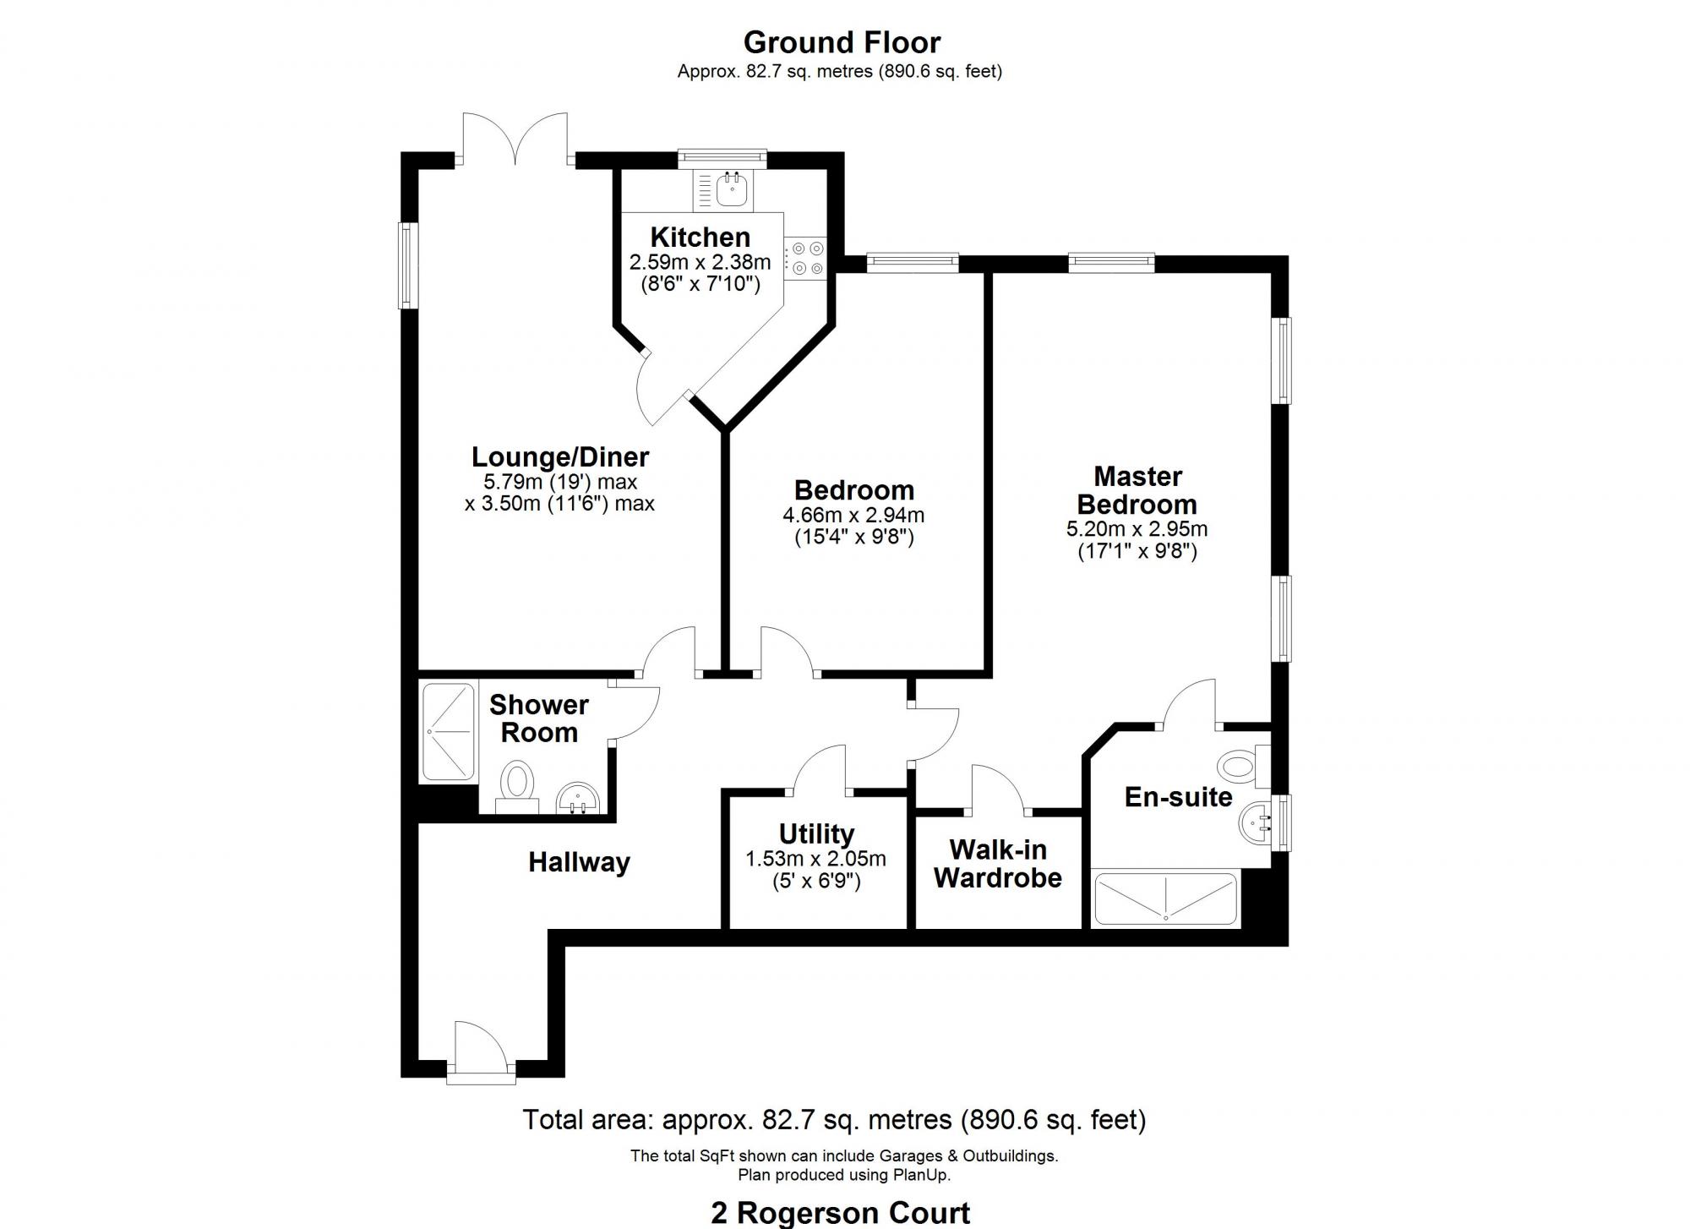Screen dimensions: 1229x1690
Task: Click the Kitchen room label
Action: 700,238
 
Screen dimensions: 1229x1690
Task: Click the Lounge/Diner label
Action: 559,456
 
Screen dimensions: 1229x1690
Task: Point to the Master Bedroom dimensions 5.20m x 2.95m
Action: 1137,530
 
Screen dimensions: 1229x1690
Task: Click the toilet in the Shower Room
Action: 517,782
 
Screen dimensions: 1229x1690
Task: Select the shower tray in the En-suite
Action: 1165,899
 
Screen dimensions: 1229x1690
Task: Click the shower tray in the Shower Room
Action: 448,731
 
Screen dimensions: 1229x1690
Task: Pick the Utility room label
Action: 815,834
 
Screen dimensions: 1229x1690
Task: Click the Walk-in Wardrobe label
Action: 997,863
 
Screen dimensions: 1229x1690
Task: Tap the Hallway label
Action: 579,862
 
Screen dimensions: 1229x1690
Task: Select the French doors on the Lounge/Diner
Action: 516,140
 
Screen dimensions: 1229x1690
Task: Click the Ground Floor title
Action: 842,42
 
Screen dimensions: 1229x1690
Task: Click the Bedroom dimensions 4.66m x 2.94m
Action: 853,515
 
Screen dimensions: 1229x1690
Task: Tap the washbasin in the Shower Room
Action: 578,797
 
